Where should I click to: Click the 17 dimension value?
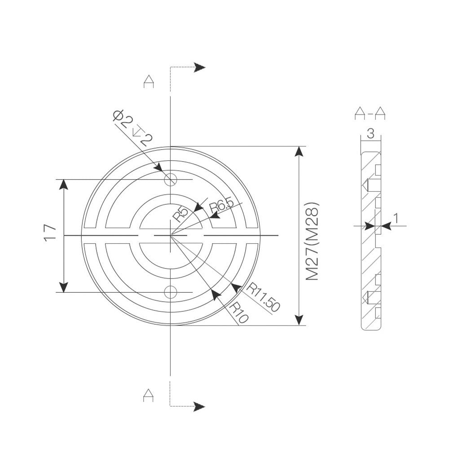click(x=50, y=233)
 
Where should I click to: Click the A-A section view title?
click(x=370, y=113)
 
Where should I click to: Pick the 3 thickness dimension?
click(x=370, y=133)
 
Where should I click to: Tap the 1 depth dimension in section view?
click(x=396, y=218)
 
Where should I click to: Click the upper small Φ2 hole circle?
click(x=170, y=180)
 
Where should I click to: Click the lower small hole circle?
click(x=170, y=292)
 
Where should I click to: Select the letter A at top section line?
click(x=149, y=81)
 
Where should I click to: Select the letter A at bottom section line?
click(x=149, y=395)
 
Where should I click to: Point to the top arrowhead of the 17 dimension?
click(x=64, y=185)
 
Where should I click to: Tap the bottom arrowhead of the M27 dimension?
click(x=298, y=320)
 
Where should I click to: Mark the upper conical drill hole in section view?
click(x=366, y=184)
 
